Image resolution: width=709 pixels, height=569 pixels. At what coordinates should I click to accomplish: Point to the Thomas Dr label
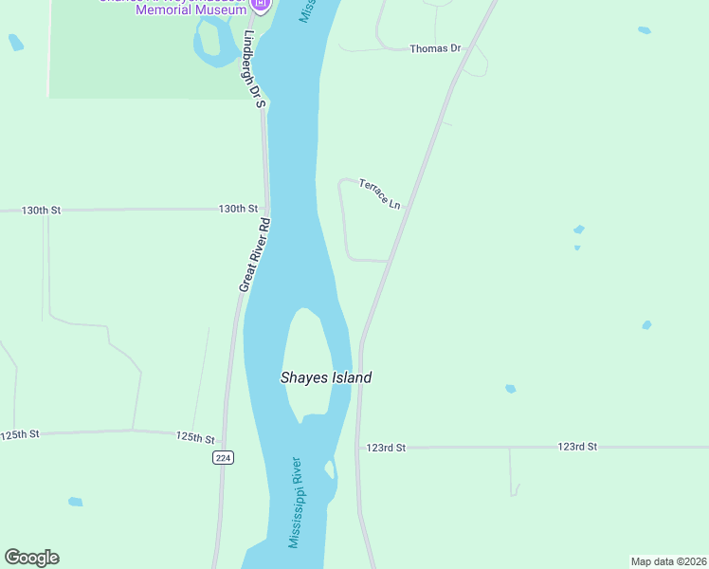[x=434, y=48]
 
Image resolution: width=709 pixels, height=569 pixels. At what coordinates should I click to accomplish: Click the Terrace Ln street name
[x=380, y=193]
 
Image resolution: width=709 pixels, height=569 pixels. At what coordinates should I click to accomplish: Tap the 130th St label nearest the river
[x=238, y=209]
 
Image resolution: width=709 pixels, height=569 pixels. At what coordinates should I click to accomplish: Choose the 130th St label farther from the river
[x=41, y=210]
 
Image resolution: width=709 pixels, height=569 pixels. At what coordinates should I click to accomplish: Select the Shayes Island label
[x=326, y=377]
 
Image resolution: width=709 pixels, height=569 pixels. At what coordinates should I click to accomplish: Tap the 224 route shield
[x=223, y=458]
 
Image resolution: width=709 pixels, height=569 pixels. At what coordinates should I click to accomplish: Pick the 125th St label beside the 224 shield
[x=195, y=437]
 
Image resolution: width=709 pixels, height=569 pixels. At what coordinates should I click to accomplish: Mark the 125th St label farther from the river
[x=20, y=434]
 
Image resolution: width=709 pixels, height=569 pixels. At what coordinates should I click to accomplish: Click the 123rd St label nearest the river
[x=386, y=448]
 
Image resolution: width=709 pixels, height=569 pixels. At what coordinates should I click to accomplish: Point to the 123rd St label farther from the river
[x=577, y=446]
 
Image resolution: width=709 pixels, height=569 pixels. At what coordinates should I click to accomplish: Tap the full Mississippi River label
[x=296, y=503]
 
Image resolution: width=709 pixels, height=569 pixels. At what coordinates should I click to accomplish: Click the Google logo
[x=31, y=558]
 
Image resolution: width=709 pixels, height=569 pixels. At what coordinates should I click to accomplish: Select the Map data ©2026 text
[x=668, y=561]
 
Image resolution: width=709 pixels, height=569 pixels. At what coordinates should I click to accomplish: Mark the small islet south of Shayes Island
[x=330, y=469]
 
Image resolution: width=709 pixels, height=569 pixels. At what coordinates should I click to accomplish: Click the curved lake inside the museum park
[x=214, y=43]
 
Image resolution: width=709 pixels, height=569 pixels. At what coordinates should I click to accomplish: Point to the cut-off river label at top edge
[x=306, y=11]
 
